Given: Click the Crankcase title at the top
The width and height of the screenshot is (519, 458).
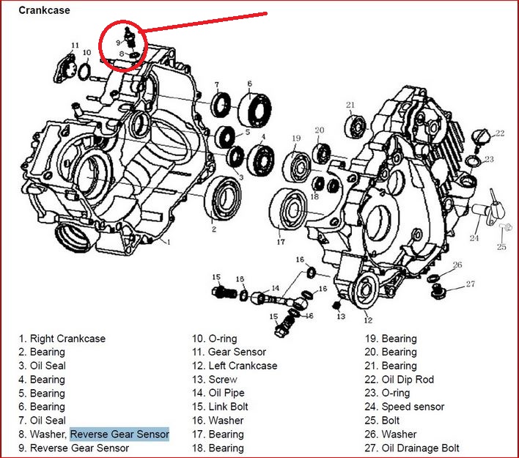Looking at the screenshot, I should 45,10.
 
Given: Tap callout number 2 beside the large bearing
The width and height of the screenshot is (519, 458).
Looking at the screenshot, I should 214,229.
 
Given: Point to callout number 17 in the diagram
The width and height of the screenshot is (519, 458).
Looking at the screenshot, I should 280,242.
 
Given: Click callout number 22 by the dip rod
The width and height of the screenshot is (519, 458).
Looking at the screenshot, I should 500,133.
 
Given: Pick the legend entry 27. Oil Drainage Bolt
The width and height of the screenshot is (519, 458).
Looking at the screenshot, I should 412,448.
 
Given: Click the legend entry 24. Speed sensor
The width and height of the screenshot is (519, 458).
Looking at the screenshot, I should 404,407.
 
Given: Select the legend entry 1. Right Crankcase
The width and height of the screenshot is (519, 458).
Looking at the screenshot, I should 62,339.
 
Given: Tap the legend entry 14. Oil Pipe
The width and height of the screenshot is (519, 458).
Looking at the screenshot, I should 221,393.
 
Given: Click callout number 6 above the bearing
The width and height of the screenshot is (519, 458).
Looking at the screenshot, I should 250,84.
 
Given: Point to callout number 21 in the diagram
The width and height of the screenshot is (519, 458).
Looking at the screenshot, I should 350,105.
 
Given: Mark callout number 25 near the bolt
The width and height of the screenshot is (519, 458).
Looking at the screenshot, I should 502,247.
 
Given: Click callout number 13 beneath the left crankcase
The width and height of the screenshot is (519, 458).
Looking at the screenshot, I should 341,316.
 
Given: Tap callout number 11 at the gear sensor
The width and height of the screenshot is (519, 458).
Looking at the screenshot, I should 75,46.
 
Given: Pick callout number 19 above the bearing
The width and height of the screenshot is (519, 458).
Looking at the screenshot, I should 296,138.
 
